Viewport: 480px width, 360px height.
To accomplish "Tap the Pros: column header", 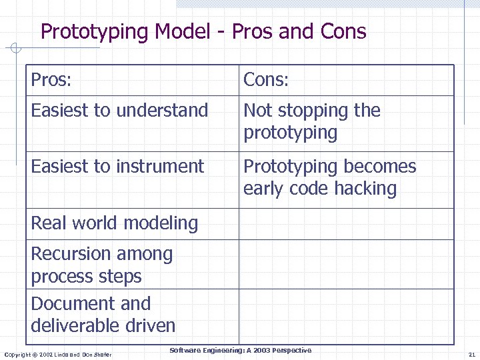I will tap(51, 80).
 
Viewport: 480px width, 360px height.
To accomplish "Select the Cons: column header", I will tap(266, 80).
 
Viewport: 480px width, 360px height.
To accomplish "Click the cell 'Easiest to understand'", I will tap(119, 110).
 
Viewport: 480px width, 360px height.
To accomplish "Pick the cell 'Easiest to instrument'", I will tap(117, 166).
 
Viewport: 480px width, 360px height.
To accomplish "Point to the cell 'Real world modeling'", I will tap(114, 223).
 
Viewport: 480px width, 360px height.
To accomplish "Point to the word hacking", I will tap(365, 189).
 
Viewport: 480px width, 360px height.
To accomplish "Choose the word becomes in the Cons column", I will tap(383, 166).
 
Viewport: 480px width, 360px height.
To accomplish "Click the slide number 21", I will tap(471, 354).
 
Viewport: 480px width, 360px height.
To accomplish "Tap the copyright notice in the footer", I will tap(58, 354).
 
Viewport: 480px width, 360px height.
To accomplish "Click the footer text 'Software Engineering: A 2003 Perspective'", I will tap(240, 351).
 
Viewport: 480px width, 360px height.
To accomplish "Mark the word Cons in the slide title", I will tap(343, 32).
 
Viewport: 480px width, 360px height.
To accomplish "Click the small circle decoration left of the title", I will tap(16, 48).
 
